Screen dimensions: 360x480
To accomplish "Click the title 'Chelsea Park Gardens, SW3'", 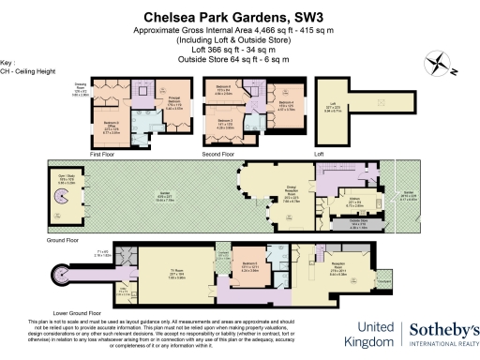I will coord(240,16).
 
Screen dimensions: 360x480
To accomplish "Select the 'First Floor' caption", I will coord(102,151).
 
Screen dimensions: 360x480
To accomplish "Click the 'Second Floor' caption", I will coord(217,151).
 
